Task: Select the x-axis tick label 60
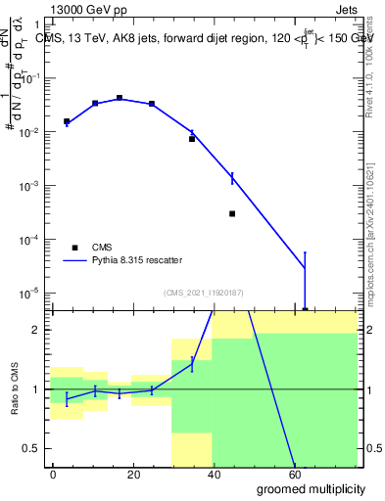click(295, 475)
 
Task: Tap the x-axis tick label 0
click(54, 475)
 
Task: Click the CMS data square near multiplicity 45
click(232, 213)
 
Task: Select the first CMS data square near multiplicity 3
click(67, 121)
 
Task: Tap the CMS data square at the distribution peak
click(120, 98)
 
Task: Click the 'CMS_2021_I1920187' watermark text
click(203, 293)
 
